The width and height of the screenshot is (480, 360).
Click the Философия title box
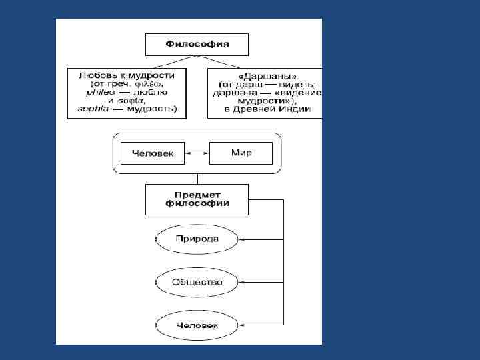pos(197,44)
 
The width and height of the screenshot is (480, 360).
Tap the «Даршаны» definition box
pos(265,93)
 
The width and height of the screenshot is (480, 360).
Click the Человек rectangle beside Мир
pos(153,153)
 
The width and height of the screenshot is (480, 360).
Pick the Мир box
pos(241,153)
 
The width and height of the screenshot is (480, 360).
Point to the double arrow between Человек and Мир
pos(197,153)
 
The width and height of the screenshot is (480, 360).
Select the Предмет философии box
pos(197,198)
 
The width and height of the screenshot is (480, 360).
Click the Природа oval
pos(197,239)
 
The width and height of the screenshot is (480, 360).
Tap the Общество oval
pos(197,282)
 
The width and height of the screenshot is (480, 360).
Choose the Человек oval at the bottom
pos(197,325)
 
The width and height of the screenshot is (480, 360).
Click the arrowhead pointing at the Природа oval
pos(243,239)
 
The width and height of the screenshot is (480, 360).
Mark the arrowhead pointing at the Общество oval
pos(243,282)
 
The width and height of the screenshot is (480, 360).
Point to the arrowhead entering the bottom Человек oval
pos(243,325)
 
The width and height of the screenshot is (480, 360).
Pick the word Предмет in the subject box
pos(197,193)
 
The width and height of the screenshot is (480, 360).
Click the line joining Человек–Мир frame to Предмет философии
pos(197,179)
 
